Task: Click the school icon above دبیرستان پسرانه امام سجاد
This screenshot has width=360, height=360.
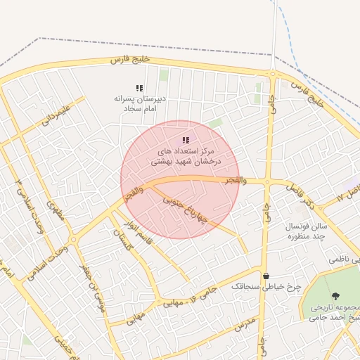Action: tap(139, 89)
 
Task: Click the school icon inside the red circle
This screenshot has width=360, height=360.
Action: tap(186, 141)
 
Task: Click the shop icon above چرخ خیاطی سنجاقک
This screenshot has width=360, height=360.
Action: tap(266, 276)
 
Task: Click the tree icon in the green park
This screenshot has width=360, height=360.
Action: tap(335, 296)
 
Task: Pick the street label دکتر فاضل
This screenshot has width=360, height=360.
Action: tap(299, 195)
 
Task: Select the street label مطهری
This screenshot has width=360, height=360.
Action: tap(56, 211)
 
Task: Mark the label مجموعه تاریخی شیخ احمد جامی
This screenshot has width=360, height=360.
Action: tap(336, 314)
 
